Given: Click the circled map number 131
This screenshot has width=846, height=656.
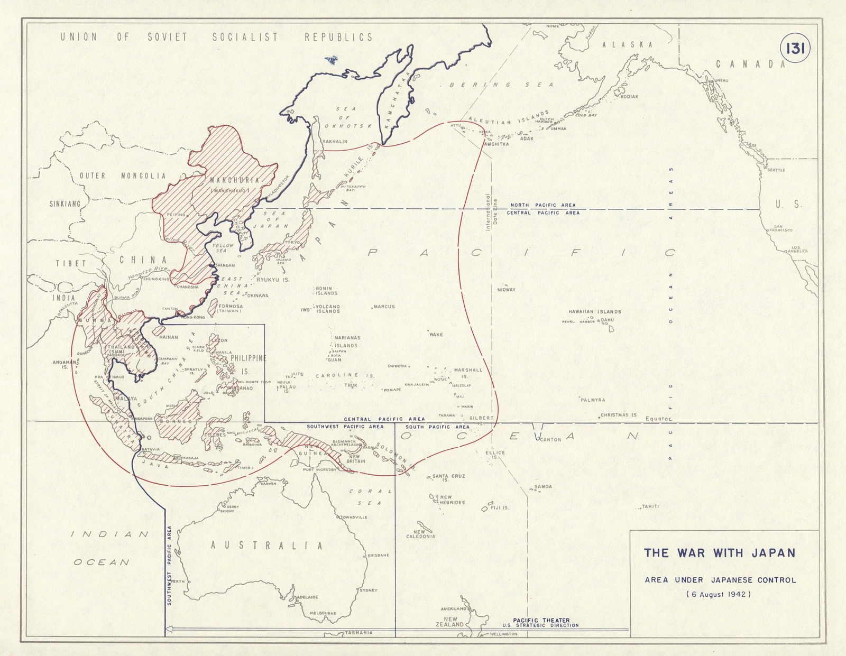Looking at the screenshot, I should click(795, 49).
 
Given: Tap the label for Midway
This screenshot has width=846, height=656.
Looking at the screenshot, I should click(506, 290).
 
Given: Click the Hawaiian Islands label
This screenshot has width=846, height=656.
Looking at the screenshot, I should click(595, 312).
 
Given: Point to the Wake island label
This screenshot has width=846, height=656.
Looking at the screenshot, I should click(436, 335).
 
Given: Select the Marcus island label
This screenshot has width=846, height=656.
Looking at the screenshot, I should click(385, 307).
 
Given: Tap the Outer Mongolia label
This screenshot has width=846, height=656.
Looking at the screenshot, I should click(123, 176).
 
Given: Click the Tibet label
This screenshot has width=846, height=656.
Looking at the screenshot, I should click(71, 263).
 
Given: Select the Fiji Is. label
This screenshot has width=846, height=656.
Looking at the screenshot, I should click(499, 508).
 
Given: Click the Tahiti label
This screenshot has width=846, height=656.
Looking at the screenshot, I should click(650, 506).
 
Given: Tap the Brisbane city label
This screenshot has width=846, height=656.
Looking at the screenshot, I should click(379, 556).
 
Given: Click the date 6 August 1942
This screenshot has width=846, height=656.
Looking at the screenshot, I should click(719, 594).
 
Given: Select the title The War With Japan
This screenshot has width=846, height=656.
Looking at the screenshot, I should click(720, 553).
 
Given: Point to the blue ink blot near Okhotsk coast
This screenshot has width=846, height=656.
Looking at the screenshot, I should click(332, 59).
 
